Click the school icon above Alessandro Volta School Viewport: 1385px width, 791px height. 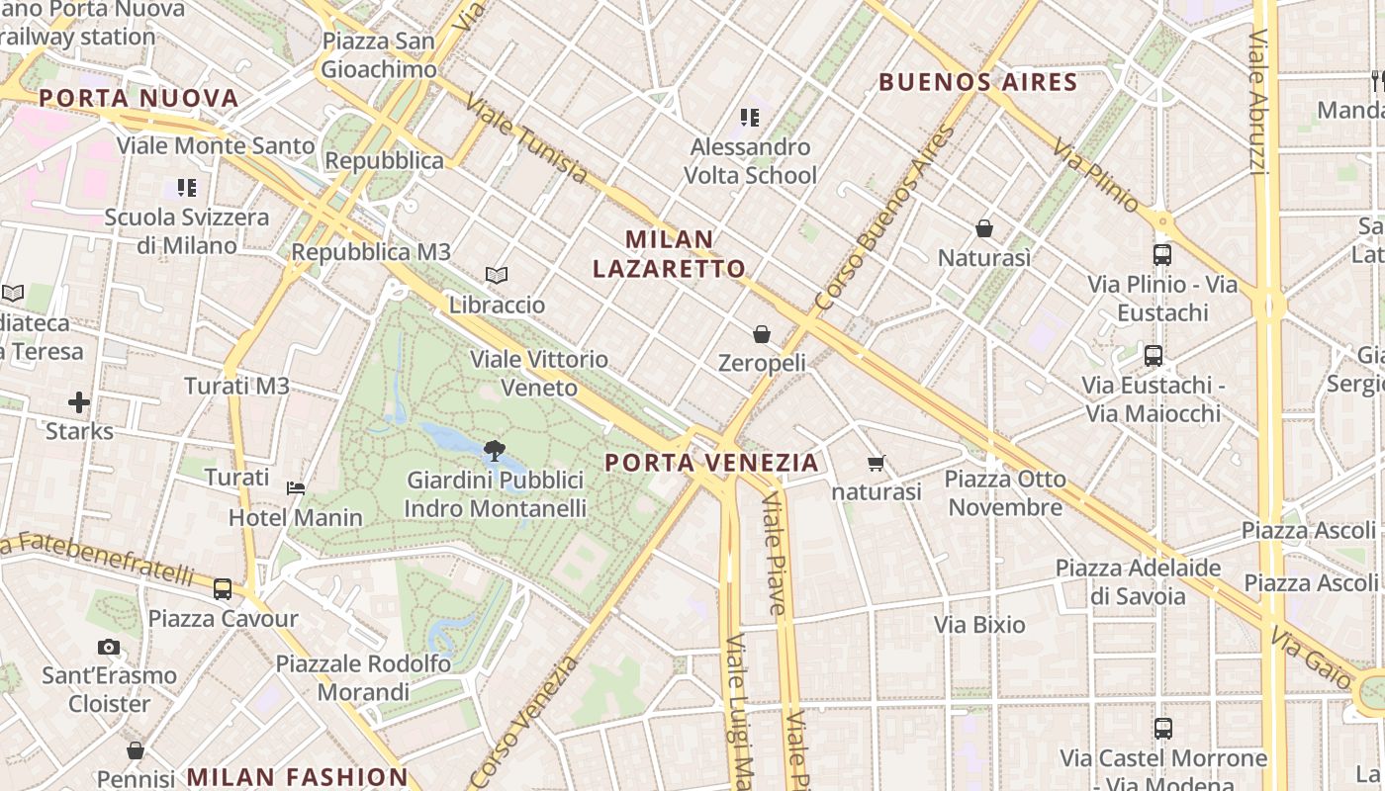[x=750, y=119]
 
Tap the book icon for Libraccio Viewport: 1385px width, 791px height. [x=497, y=276]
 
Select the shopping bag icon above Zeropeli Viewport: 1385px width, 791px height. [x=762, y=334]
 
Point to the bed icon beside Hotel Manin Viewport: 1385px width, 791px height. [x=296, y=487]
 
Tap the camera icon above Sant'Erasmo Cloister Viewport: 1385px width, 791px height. [x=109, y=648]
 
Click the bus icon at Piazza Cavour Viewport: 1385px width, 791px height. [x=223, y=589]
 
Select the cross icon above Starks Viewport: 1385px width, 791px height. [x=79, y=402]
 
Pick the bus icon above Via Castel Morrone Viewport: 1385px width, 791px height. [x=1163, y=729]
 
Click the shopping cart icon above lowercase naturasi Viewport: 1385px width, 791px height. [x=876, y=463]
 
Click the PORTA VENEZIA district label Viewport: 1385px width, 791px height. [x=711, y=463]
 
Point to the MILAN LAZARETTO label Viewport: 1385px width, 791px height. [x=684, y=254]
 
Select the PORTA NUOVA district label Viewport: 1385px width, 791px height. [x=138, y=98]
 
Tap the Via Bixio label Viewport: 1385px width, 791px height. [x=979, y=625]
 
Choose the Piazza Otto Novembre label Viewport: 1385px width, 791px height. [x=1005, y=493]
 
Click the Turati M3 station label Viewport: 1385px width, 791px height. [x=236, y=387]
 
